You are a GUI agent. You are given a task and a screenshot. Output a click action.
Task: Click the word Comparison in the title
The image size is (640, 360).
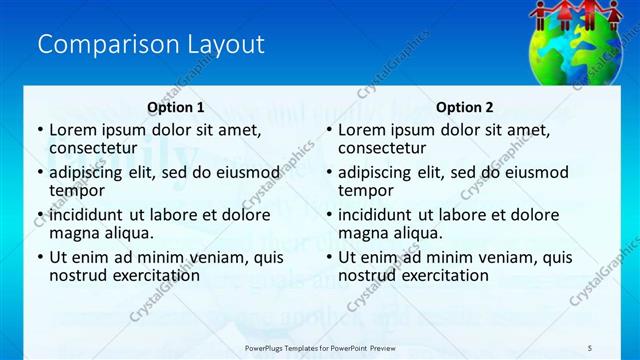point(94,44)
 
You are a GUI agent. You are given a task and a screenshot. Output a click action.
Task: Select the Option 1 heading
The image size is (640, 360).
point(176,107)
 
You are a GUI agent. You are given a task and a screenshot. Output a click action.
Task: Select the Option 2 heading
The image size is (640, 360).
point(465,107)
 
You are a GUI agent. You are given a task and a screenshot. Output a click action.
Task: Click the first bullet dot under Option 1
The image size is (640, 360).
point(39,130)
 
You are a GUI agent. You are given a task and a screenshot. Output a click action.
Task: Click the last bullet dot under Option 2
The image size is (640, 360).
point(328,257)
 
